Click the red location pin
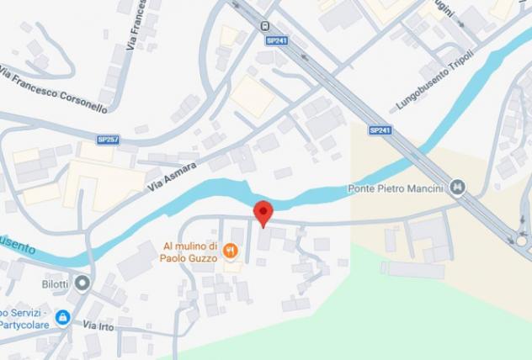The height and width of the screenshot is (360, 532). (263, 212)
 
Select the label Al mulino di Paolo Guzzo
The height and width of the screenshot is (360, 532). (190, 252)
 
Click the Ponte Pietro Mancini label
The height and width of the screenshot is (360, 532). (395, 188)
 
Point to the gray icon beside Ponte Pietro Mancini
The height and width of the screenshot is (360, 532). (458, 187)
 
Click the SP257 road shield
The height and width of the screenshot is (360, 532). (108, 140)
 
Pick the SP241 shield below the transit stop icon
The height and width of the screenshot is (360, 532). (275, 40)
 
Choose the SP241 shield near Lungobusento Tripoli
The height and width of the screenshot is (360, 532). (380, 130)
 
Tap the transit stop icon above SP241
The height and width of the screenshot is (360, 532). (265, 25)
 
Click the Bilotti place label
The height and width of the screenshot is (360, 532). (56, 283)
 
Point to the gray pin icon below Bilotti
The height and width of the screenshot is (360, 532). (82, 283)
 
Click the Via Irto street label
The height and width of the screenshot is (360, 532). (98, 325)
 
